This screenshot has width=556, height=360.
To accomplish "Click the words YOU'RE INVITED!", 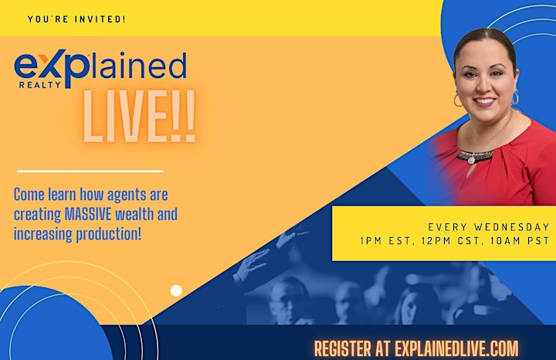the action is click(76, 19).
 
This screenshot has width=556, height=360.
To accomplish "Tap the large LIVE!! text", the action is click(139, 117).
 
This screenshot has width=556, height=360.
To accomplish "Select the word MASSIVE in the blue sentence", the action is click(89, 214).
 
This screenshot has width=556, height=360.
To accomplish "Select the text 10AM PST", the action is click(520, 241).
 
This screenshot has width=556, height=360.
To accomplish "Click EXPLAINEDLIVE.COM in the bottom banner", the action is click(456, 348).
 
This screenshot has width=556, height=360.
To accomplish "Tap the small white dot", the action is click(176, 290).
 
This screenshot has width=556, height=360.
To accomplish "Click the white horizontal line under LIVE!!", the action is click(90, 172).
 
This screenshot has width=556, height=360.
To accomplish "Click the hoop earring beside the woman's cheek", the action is click(457, 100).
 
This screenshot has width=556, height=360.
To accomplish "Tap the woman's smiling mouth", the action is click(484, 101).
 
